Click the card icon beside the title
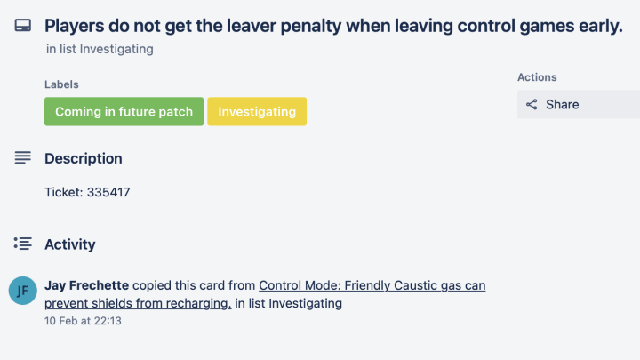[23, 25]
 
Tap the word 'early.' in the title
[600, 26]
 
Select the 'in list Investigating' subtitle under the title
[100, 49]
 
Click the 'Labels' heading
[61, 84]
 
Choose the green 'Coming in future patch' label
[124, 111]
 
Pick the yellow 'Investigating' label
[257, 111]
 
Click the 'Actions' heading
[537, 77]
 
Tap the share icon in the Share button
[532, 105]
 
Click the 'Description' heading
[84, 158]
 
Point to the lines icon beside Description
[23, 157]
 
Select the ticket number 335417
[108, 192]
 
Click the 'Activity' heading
[70, 244]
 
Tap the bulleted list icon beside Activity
[23, 244]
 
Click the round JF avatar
[23, 291]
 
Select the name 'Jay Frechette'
[86, 285]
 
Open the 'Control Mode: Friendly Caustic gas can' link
[372, 285]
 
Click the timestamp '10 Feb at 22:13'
[83, 321]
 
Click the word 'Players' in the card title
[75, 26]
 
